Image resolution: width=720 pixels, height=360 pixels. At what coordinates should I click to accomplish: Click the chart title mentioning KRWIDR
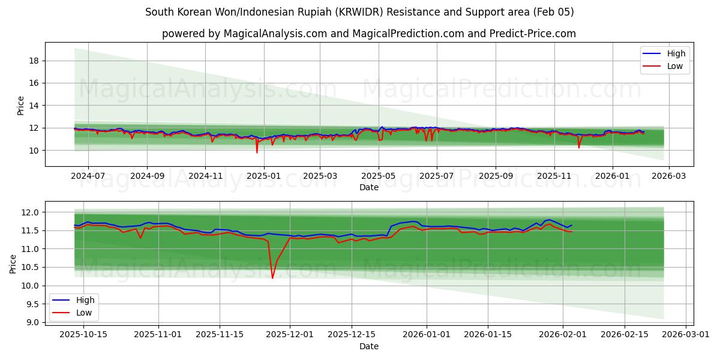pos(359,12)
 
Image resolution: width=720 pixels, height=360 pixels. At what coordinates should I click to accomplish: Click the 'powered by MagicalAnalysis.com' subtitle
pos(368,34)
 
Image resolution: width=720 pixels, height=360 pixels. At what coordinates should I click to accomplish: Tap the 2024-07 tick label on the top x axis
pos(88,176)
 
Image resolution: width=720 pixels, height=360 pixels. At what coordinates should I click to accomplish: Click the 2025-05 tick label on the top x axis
pos(379,176)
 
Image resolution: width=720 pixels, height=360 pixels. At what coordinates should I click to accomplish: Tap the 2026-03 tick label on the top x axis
pos(669,176)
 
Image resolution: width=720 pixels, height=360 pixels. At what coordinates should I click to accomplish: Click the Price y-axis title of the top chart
pos(21,105)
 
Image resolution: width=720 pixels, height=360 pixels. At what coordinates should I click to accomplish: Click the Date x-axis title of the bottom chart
pos(368,346)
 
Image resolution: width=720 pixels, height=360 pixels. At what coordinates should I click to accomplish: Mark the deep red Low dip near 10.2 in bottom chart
pos(272,278)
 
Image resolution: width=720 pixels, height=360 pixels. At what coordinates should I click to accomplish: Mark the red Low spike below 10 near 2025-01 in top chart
pos(257,152)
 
